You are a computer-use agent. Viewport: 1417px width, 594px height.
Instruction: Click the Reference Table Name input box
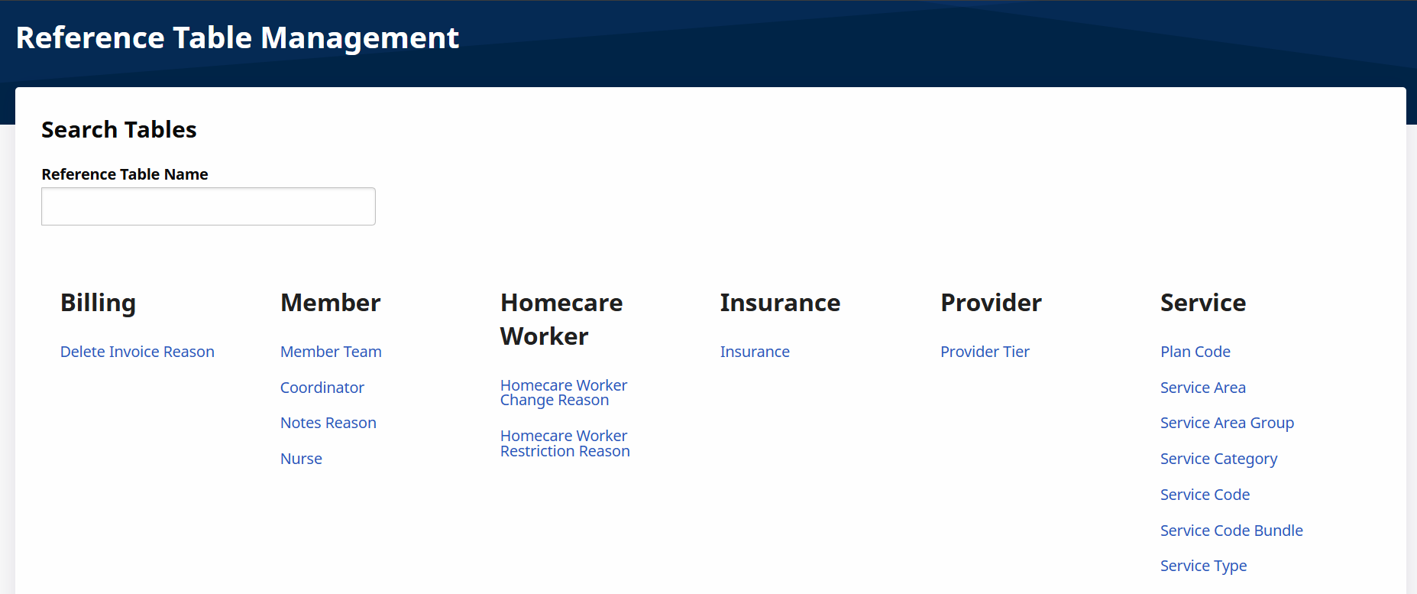click(209, 206)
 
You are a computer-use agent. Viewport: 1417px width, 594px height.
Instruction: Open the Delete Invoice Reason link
click(137, 352)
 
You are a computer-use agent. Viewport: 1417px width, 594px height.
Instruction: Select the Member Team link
click(331, 352)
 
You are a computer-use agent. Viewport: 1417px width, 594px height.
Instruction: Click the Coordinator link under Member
click(322, 388)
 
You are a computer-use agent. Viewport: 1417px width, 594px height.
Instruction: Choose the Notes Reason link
click(328, 423)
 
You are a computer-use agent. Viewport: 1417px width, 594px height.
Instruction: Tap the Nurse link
click(301, 459)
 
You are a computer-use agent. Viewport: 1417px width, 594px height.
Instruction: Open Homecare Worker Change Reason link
click(564, 393)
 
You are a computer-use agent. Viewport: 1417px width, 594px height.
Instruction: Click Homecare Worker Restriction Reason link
click(565, 443)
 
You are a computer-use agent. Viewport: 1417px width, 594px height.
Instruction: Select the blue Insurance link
click(755, 352)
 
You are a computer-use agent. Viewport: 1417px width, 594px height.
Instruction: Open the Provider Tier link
click(985, 352)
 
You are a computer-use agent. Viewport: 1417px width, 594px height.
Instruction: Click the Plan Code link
click(1195, 352)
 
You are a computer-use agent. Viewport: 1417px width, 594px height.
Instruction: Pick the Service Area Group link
click(1227, 423)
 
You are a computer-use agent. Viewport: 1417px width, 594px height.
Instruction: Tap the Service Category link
click(1218, 459)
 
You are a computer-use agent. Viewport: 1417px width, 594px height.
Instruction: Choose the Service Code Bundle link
click(1231, 531)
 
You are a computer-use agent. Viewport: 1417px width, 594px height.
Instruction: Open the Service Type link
click(1203, 566)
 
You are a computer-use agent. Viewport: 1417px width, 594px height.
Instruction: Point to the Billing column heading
click(98, 303)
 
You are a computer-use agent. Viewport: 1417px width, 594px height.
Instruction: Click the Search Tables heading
click(119, 130)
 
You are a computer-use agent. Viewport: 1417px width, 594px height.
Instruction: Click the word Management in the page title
click(360, 38)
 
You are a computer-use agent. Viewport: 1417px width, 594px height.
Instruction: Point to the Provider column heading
click(991, 303)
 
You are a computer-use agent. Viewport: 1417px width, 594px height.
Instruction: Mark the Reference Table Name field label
click(125, 174)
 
